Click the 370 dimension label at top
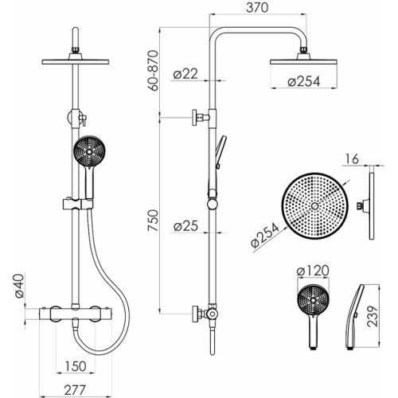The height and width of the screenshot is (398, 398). [x=257, y=8]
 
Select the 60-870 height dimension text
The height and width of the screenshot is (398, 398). [x=154, y=71]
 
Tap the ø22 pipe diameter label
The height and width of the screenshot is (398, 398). [x=185, y=74]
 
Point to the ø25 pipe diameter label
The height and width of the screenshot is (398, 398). [x=185, y=226]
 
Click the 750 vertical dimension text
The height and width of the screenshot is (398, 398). [x=153, y=220]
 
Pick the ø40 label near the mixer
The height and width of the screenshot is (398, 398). [x=19, y=287]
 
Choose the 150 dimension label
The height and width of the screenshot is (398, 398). [x=76, y=366]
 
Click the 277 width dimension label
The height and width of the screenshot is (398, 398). [x=76, y=390]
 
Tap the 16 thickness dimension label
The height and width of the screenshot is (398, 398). [x=352, y=159]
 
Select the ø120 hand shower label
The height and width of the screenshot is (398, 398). [x=313, y=271]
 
